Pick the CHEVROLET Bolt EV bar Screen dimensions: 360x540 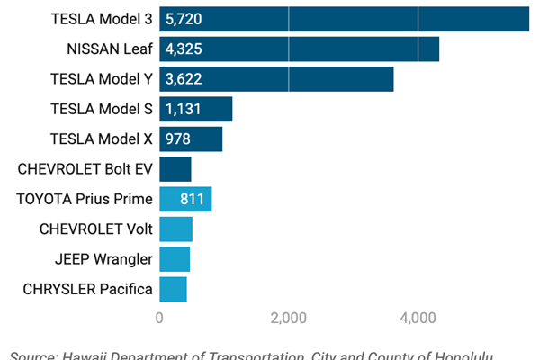click(175, 169)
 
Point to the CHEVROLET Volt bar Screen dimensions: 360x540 click(175, 229)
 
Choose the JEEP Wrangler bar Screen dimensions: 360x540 click(175, 259)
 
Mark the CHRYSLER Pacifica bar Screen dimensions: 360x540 click(173, 290)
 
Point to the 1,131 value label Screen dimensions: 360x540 click(183, 109)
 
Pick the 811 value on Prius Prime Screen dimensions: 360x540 click(192, 200)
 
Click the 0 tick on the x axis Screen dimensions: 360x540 click(159, 317)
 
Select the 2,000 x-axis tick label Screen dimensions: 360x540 click(289, 317)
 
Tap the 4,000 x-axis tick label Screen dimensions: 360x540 click(418, 317)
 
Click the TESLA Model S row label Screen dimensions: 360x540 click(102, 109)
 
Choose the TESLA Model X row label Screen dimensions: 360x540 click(102, 139)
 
